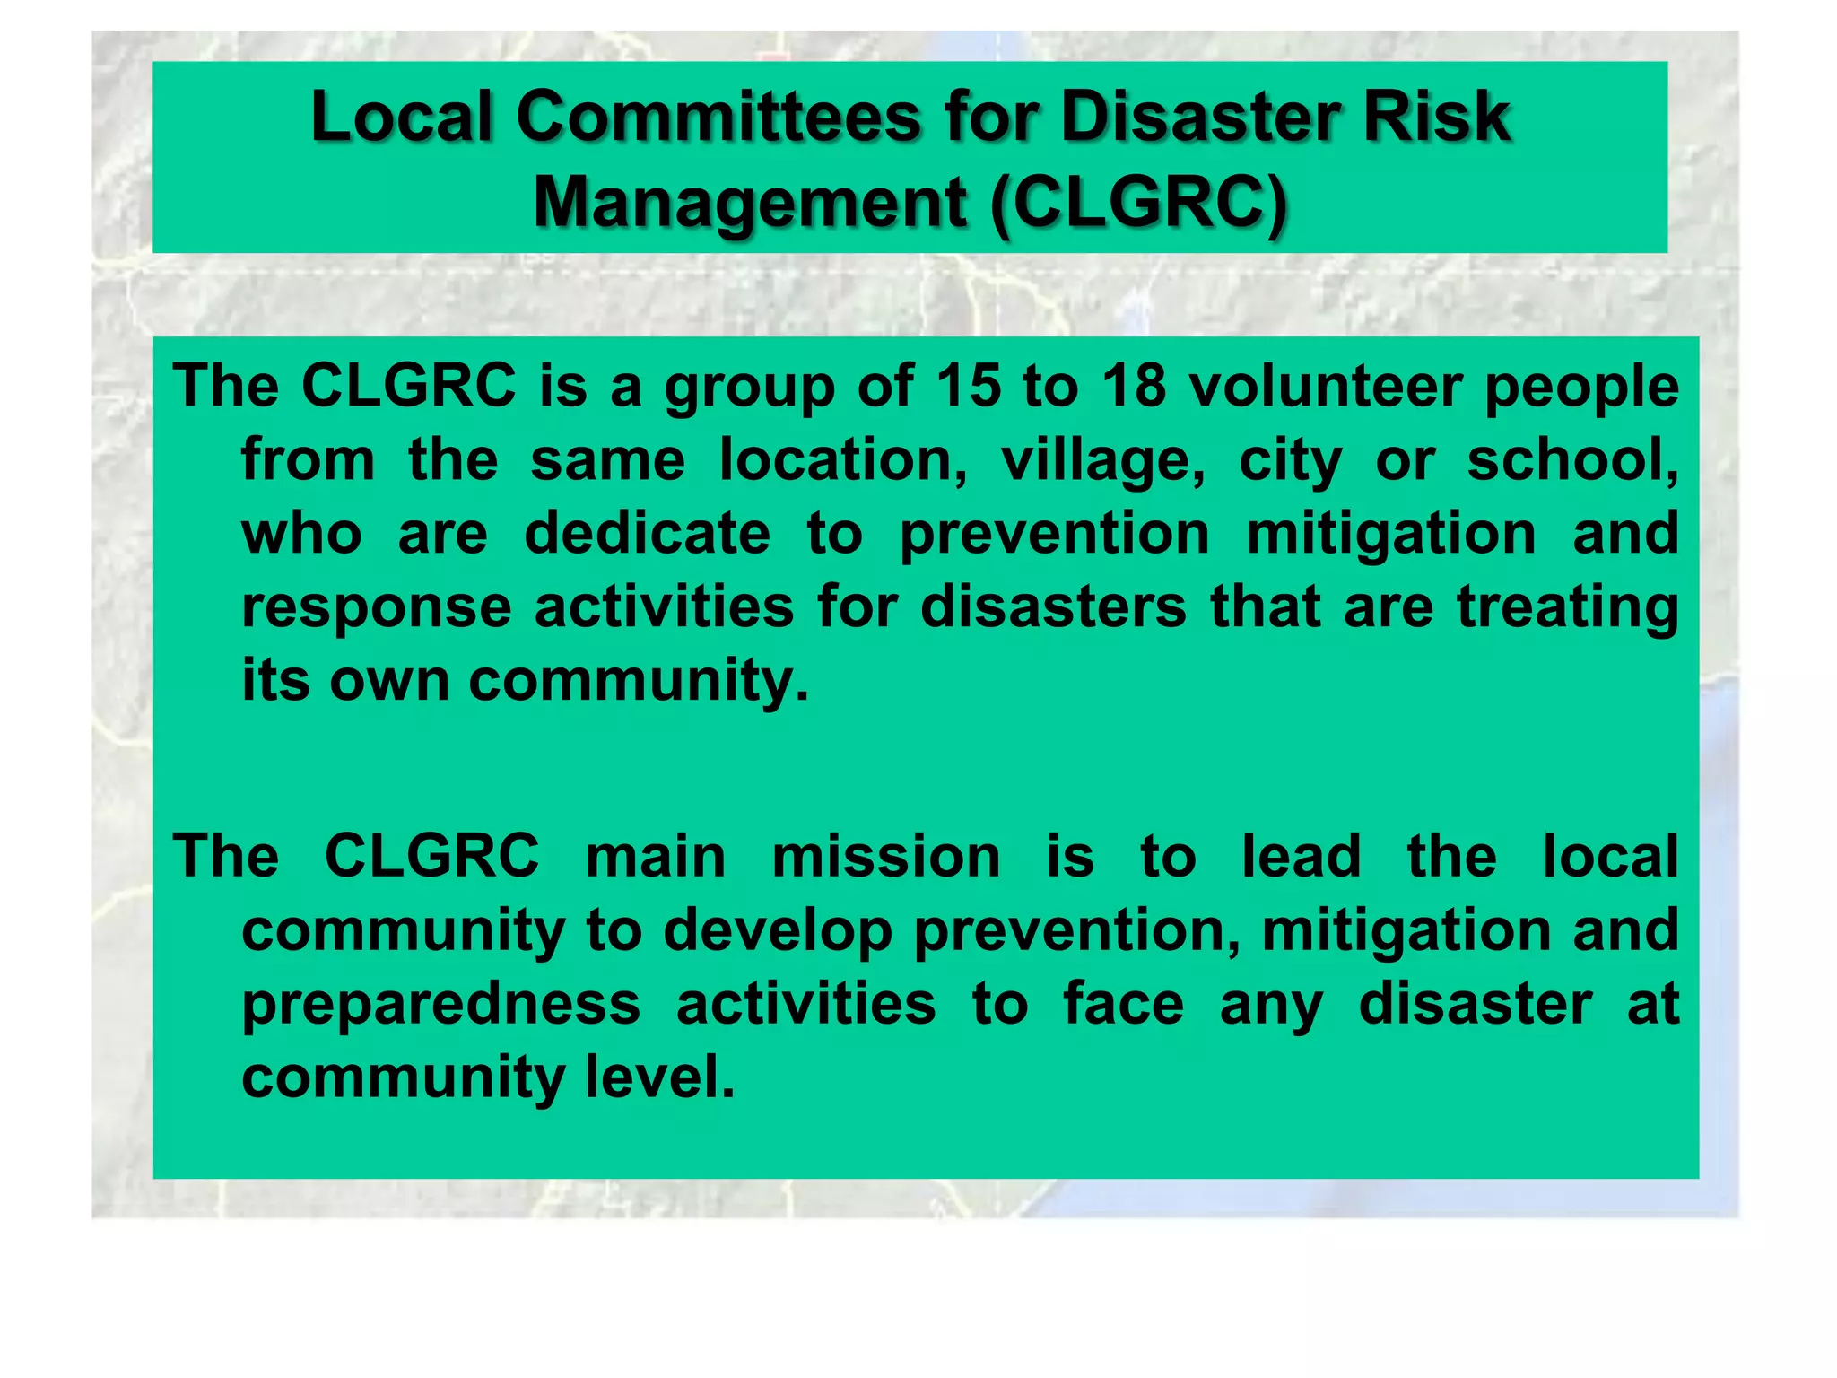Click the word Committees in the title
coord(718,118)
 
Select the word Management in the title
coord(750,204)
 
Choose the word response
coord(377,608)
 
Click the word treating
coord(1567,608)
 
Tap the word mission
coord(886,856)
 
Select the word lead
coord(1302,856)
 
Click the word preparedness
coord(441,1005)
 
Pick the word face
coord(1123,1003)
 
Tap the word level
coord(659,1077)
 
